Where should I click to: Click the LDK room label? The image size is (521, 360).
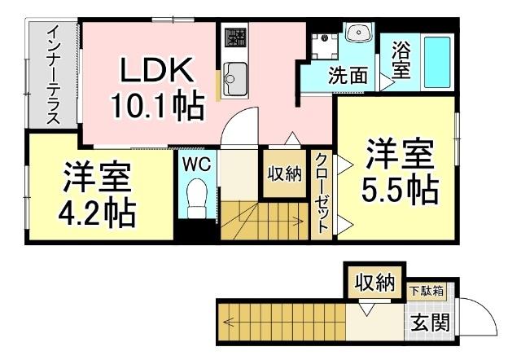(158, 72)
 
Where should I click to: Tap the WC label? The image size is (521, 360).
(196, 164)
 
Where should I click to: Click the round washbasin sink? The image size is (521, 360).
(357, 33)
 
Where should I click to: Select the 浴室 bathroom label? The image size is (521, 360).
(401, 59)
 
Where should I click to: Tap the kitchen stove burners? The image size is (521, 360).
(235, 37)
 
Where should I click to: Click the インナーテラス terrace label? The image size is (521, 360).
(53, 74)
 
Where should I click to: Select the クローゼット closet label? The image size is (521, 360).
(322, 193)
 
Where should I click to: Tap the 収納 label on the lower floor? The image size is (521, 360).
(374, 283)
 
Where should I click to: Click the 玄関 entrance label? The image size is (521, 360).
(430, 323)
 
